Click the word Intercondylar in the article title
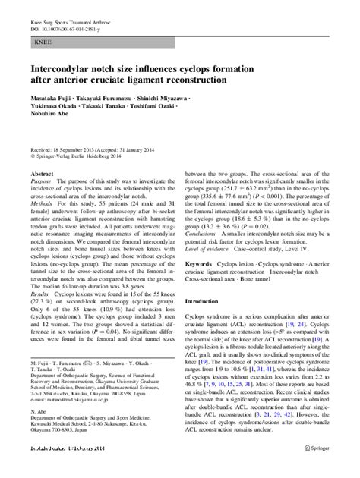62,75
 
